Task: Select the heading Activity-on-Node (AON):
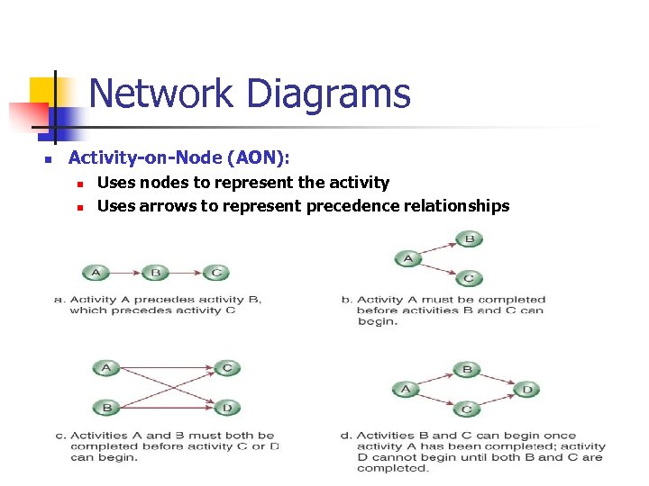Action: tap(179, 158)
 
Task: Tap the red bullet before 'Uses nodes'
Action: tap(79, 184)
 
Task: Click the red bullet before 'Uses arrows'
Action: tap(79, 207)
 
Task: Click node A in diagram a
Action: tap(96, 273)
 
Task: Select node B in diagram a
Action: tap(155, 273)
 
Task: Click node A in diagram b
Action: tap(408, 259)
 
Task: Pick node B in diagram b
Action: tap(469, 239)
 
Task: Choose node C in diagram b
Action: tap(469, 278)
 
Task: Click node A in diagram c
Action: tap(106, 367)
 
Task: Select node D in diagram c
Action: tap(226, 408)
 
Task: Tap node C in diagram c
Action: tap(226, 367)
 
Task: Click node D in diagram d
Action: tap(527, 390)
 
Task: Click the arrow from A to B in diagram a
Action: tap(125, 273)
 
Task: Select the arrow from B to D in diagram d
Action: tap(498, 380)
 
